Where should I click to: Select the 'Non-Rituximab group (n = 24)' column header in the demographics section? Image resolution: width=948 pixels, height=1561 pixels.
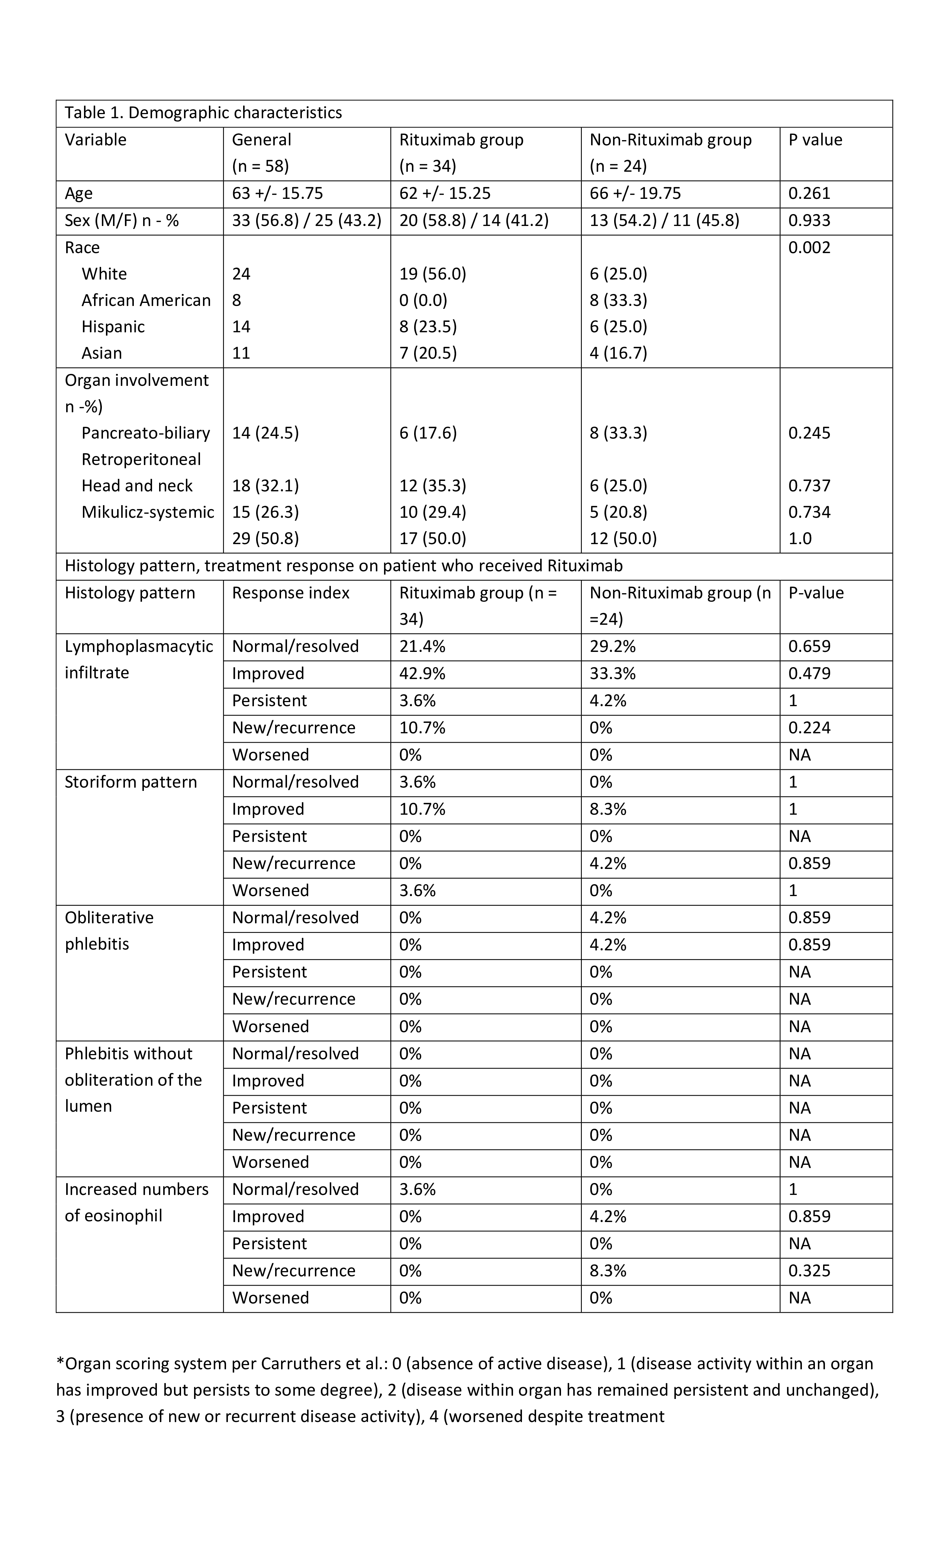pos(670,153)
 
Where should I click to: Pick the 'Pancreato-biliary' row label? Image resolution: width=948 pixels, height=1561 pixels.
pos(146,433)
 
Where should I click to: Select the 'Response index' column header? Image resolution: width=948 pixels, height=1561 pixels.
pos(290,592)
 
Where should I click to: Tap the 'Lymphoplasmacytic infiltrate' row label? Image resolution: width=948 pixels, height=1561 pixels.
pos(138,659)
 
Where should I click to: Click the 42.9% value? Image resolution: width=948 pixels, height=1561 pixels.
pos(422,673)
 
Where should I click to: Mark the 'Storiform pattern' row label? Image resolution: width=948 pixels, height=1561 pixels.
pos(130,782)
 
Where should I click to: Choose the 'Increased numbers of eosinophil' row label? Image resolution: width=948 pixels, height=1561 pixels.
pos(136,1202)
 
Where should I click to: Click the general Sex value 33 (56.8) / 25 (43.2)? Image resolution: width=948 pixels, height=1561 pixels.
pos(306,220)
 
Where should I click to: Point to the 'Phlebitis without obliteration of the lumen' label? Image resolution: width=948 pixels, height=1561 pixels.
pos(133,1080)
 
